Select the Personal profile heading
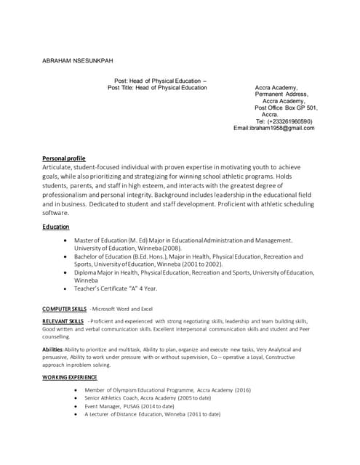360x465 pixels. coord(64,158)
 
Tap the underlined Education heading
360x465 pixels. coord(56,227)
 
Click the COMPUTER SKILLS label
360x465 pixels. coord(64,309)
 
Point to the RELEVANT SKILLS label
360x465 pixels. coord(63,320)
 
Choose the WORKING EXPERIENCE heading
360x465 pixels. coord(69,378)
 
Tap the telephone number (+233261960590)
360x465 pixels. coord(289,121)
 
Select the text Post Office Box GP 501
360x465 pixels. coord(286,108)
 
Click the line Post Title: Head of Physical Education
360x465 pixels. coord(157,88)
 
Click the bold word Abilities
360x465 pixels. coord(52,349)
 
